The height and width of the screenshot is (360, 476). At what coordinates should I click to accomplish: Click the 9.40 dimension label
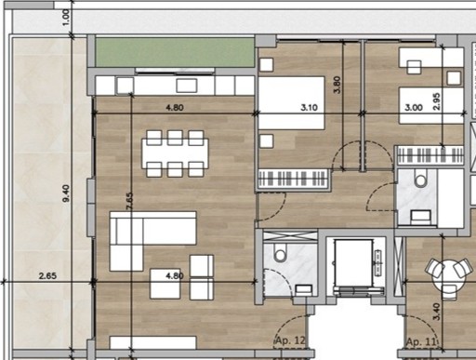coord(66,193)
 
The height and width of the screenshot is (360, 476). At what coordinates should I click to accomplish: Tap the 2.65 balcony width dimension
coord(47,275)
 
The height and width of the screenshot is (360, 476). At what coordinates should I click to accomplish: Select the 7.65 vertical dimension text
coord(130,201)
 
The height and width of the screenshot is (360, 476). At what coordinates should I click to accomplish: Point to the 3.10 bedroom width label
coord(309,108)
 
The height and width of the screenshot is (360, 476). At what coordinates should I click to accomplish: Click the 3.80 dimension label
coord(337,85)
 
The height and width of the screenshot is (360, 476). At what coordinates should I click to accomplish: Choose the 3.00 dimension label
coord(414,108)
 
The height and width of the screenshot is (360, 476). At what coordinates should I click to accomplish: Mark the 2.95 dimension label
coord(436,101)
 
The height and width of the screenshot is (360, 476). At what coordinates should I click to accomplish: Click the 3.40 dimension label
coord(436,312)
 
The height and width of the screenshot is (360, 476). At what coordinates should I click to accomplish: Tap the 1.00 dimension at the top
coord(66,18)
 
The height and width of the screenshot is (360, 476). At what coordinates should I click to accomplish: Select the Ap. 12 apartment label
coord(290,340)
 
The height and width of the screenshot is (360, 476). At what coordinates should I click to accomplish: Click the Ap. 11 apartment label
coord(421,341)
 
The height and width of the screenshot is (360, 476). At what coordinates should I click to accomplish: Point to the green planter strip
coord(175,52)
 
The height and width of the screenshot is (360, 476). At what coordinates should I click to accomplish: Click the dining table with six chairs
coord(175,153)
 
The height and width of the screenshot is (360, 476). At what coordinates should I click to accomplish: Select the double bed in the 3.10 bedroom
coord(292,102)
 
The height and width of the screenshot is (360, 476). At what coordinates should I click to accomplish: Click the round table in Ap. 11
coord(449,275)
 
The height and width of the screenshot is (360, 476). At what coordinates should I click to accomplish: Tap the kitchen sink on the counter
coord(187,86)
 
